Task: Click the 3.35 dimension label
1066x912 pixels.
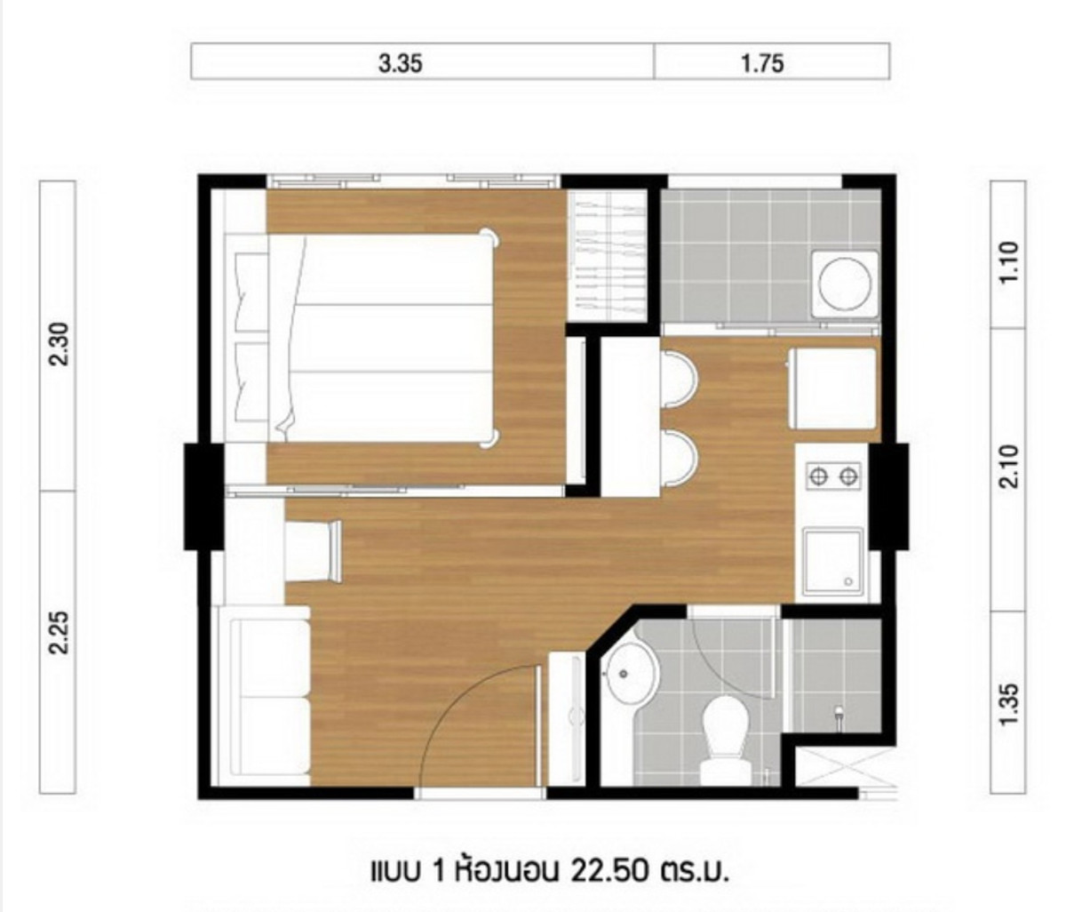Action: (401, 63)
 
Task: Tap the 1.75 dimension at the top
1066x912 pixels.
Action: (762, 63)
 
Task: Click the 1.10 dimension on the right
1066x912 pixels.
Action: (1009, 261)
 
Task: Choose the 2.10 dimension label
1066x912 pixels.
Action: (1009, 467)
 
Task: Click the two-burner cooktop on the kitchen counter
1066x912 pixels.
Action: (833, 476)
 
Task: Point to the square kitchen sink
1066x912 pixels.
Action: (833, 559)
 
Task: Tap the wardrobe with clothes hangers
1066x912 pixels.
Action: (607, 256)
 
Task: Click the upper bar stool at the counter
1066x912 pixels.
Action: (680, 380)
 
